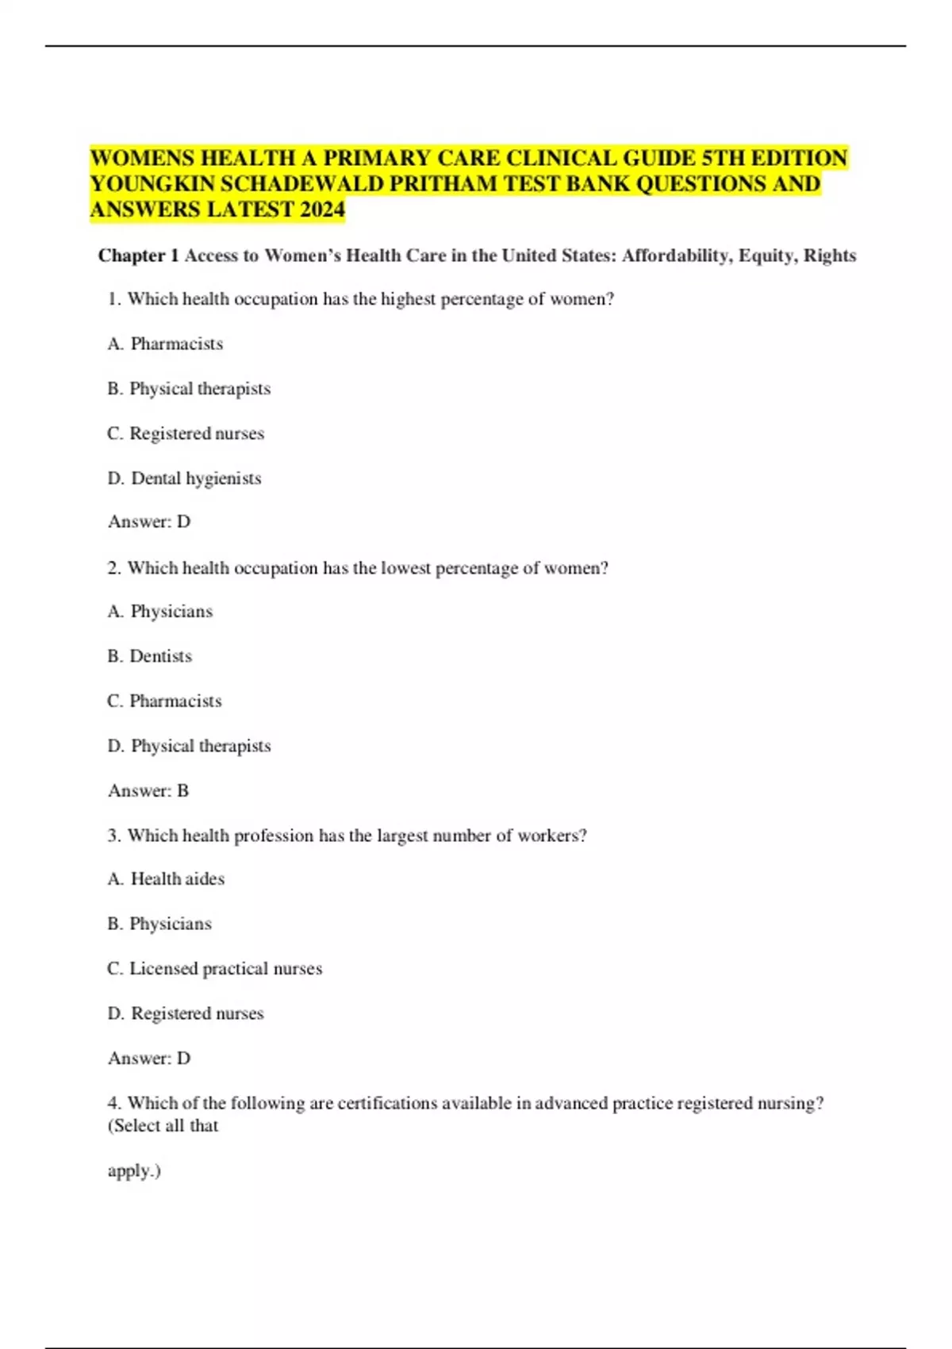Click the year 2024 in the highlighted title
(322, 209)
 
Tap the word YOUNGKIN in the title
(152, 184)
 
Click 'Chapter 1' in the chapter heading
(138, 256)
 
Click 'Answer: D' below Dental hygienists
(149, 521)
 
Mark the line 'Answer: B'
(148, 790)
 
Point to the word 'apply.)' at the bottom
(134, 1170)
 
